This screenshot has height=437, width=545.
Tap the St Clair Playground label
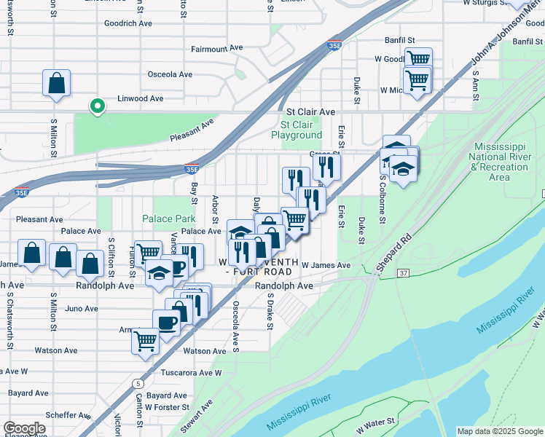(x=297, y=130)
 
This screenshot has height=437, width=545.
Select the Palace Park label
(x=168, y=219)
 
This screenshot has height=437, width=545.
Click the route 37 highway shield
(x=403, y=272)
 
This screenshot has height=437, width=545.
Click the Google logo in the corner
(x=24, y=428)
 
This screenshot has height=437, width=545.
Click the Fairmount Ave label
(x=216, y=48)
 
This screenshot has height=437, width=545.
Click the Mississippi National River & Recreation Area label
(x=500, y=162)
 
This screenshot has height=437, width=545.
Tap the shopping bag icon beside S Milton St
(x=56, y=84)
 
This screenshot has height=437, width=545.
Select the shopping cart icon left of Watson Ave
(x=146, y=340)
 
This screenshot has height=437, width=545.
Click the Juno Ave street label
(x=82, y=309)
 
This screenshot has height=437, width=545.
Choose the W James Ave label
(x=326, y=266)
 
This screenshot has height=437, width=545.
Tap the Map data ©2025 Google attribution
(x=500, y=431)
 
